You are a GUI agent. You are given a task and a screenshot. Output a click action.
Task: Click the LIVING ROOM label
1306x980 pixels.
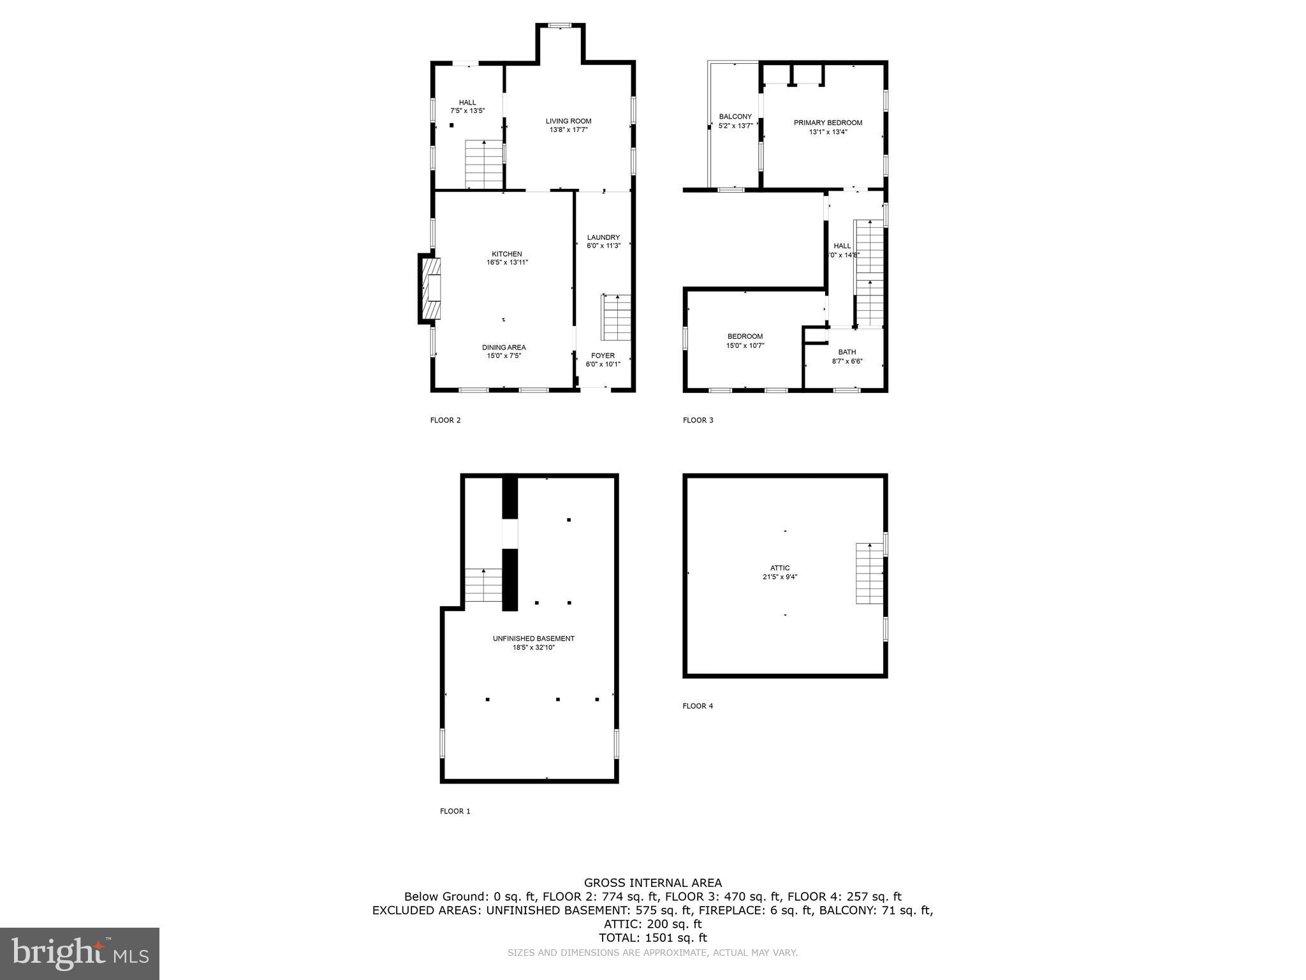coord(568,121)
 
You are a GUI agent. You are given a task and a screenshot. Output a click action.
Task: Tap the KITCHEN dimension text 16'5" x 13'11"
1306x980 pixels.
coord(507,262)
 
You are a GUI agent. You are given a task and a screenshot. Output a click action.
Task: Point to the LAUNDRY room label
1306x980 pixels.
coord(603,237)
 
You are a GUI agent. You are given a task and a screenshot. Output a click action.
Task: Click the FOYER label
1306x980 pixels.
coord(603,356)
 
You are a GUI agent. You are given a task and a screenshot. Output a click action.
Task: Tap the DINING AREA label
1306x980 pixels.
coord(504,348)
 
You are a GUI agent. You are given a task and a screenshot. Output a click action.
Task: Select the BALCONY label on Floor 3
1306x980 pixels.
coord(735,117)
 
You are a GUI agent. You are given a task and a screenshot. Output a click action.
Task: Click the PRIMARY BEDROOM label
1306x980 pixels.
coord(828,123)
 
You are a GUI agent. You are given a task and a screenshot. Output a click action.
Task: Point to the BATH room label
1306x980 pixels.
coord(847,352)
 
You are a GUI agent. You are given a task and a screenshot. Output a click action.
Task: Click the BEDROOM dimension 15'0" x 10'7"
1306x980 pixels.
coord(745,346)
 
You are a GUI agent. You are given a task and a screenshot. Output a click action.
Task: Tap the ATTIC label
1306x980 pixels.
coord(780,568)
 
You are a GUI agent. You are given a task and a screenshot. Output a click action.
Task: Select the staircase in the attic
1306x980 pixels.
coord(869,573)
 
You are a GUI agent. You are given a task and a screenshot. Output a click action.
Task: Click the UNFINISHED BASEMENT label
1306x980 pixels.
coord(534,639)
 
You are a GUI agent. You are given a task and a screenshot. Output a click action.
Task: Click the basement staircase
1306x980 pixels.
coord(483,585)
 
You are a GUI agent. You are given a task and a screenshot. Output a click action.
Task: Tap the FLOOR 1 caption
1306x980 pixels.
coord(455,812)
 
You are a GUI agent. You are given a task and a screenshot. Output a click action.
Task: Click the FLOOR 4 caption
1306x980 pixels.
coord(698,706)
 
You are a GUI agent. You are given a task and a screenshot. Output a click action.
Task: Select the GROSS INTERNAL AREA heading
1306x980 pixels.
coord(653,883)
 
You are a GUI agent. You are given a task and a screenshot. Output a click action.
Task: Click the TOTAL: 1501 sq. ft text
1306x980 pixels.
coord(653,938)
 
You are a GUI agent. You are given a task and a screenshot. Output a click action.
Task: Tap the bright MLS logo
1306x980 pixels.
coord(80,953)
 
